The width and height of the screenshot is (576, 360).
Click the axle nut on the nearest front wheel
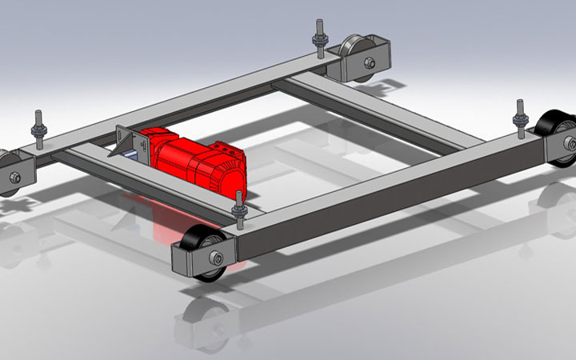point(217,258)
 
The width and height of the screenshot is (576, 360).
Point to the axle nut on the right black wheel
point(570,143)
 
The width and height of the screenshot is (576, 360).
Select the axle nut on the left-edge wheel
point(14,178)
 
